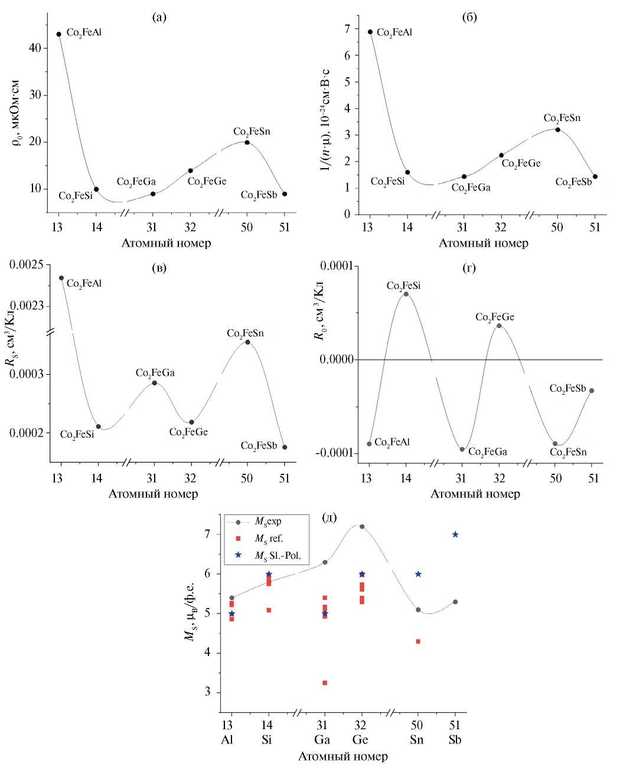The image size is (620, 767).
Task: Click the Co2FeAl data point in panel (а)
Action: tap(58, 34)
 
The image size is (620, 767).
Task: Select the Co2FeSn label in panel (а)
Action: tap(252, 132)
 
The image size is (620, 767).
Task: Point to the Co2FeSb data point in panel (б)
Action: tap(595, 176)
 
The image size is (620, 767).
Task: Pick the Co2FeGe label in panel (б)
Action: tap(521, 163)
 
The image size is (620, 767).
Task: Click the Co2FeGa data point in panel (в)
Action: tap(155, 383)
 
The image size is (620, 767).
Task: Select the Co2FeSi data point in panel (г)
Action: tap(406, 294)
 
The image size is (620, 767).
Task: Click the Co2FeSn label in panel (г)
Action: tap(568, 453)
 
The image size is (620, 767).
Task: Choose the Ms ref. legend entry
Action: tap(269, 538)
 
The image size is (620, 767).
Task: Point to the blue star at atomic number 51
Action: tap(455, 535)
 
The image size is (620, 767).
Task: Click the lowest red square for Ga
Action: tap(324, 683)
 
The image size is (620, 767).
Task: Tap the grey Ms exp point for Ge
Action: tap(362, 527)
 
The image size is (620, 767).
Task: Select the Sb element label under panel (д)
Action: tap(455, 740)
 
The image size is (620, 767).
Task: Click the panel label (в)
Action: tap(159, 269)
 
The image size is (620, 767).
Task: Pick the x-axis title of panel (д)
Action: tap(342, 756)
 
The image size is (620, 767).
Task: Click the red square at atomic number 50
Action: tap(418, 641)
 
